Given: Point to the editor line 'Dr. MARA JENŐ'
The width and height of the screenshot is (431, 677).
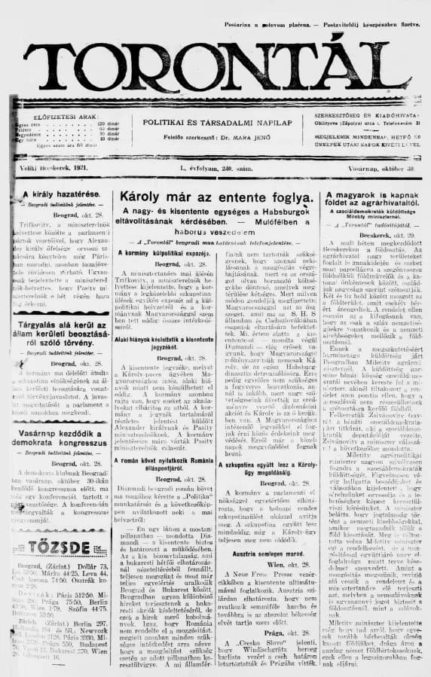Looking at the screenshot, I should tap(238, 140).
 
